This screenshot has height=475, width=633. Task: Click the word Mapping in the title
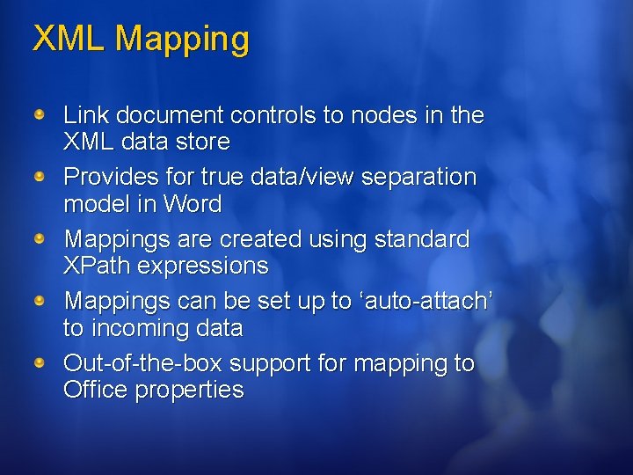pos(182,40)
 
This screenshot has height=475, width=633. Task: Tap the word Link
pos(84,115)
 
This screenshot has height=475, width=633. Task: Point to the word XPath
pos(97,266)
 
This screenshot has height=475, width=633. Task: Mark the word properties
pos(189,391)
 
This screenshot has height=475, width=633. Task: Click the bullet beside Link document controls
pos(40,115)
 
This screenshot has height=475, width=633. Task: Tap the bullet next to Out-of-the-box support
pos(40,363)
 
